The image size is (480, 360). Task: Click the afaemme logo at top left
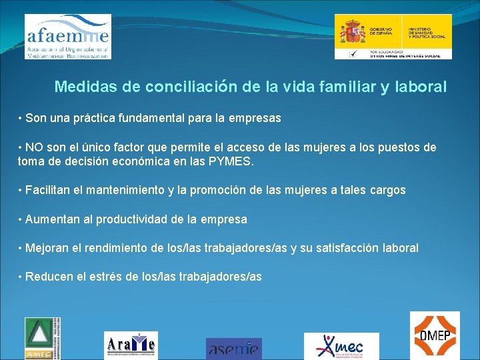click(67, 36)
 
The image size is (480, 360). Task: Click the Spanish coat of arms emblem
click(353, 31)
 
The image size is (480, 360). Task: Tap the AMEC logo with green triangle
click(43, 337)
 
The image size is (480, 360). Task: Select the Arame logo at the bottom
click(131, 345)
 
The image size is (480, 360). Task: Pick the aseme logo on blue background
click(233, 348)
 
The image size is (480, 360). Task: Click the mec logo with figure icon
click(341, 346)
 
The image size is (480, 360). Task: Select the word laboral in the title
click(422, 87)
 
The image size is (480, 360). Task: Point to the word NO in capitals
click(34, 147)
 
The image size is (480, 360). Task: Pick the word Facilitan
click(50, 190)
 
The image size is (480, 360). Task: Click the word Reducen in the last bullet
click(49, 277)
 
